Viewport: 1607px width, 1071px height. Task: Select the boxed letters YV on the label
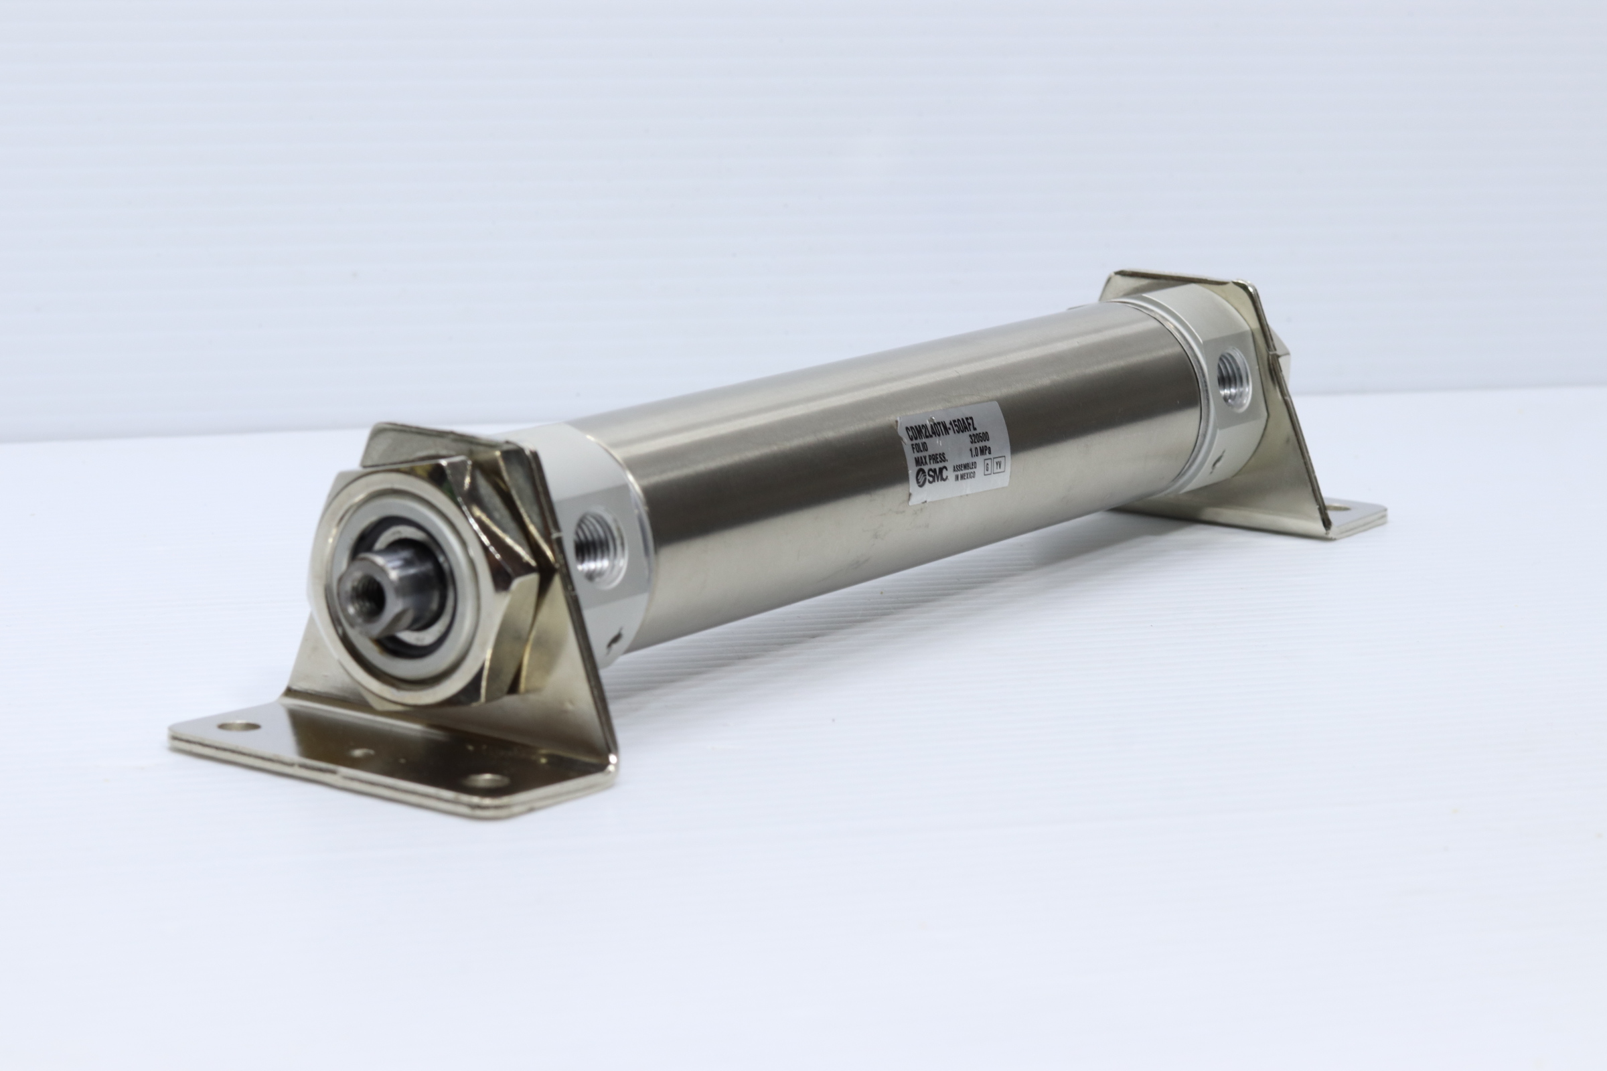(999, 466)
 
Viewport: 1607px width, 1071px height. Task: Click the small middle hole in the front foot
(362, 754)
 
